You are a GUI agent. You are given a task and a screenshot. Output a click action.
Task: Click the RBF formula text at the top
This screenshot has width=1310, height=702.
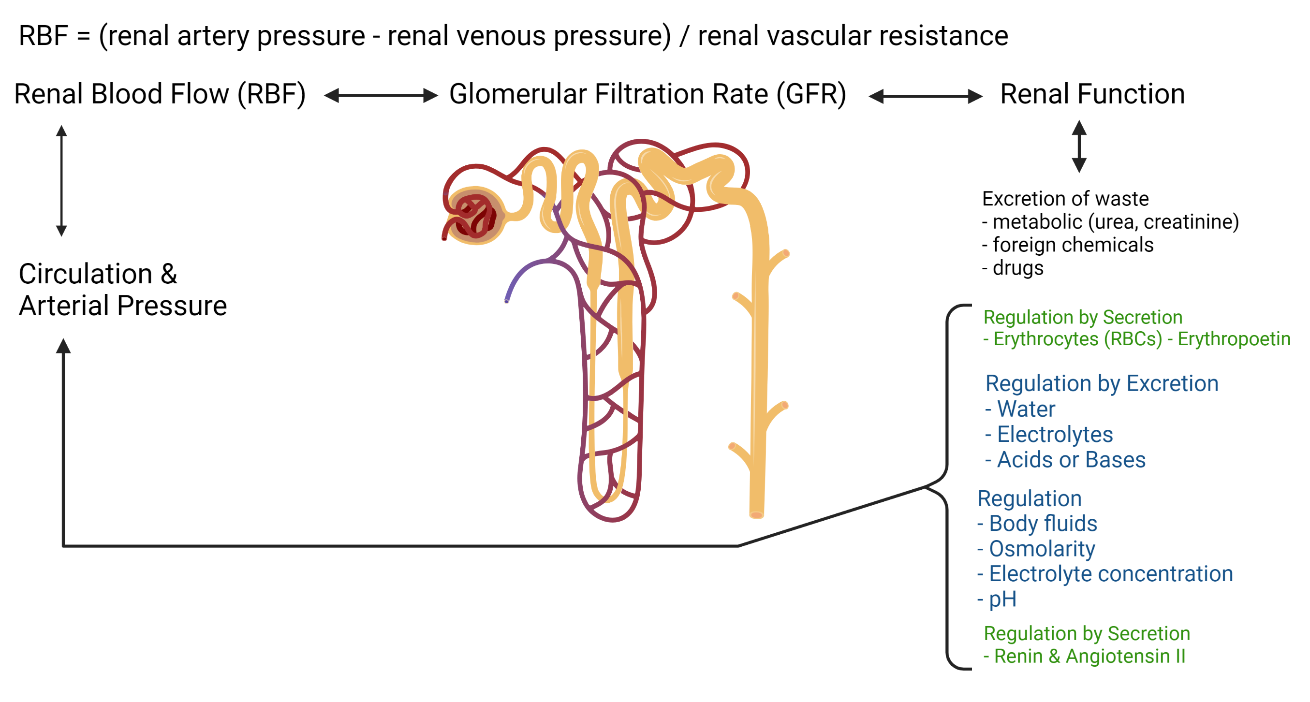coord(513,36)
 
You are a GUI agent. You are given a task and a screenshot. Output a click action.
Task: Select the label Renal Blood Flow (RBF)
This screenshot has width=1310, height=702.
coord(160,95)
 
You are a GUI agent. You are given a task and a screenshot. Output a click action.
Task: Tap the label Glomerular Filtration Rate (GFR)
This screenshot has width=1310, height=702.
coord(648,95)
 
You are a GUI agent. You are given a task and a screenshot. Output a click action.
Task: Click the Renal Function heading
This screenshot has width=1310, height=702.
coord(1092,94)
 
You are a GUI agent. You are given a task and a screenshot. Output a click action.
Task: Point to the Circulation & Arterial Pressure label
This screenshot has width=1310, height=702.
coord(122,290)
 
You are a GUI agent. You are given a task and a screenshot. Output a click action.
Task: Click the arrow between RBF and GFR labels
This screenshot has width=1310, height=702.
coord(381,95)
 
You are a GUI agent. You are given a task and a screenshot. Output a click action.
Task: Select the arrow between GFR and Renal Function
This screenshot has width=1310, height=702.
coord(926,96)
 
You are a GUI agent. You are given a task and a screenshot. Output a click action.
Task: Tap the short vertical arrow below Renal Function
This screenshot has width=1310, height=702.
coord(1079,146)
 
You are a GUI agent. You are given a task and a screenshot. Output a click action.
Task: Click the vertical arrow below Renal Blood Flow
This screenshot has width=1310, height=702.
coord(61,180)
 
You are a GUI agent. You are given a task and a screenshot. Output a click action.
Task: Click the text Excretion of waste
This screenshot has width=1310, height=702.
coord(1065,199)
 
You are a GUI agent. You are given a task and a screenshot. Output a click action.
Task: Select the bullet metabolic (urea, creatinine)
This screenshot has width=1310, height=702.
coord(1111,222)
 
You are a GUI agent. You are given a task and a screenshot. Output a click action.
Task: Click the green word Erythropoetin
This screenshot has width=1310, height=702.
coord(1234,339)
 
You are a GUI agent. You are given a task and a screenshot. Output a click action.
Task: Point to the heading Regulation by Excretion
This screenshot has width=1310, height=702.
coord(1102,384)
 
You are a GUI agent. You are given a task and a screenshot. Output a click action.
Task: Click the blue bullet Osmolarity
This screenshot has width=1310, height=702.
coord(1036,549)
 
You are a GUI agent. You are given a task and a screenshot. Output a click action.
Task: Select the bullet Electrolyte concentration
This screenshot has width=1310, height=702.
coord(1105,574)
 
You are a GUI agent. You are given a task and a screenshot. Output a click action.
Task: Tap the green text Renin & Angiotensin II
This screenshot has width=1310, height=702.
coord(1084,656)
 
